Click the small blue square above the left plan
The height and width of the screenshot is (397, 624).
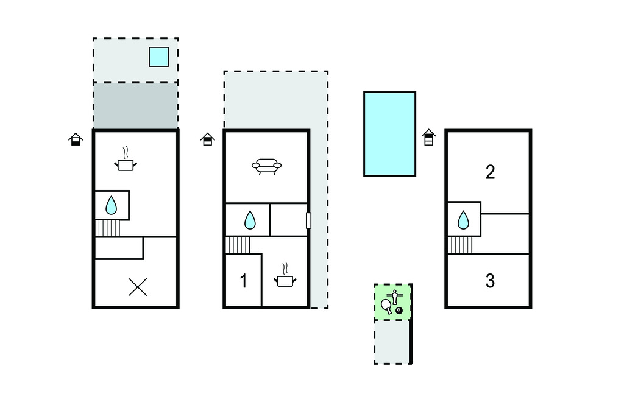(158, 57)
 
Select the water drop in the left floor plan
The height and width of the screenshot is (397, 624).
(111, 205)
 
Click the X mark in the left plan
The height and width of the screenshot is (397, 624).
(138, 287)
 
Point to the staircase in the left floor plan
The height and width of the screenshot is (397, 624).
(108, 228)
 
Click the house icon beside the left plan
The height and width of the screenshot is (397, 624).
(75, 139)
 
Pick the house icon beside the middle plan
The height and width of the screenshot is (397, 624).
(207, 139)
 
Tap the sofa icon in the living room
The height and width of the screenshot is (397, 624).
(266, 166)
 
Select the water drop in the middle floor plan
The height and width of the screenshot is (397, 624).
(250, 220)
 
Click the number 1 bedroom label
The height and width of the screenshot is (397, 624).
(243, 281)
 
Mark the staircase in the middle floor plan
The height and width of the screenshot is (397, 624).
(238, 245)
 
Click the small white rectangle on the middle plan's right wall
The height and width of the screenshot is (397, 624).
(308, 220)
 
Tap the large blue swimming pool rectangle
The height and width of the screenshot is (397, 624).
(389, 134)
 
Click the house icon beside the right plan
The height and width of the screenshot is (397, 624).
(428, 138)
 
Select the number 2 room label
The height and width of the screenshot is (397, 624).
(490, 172)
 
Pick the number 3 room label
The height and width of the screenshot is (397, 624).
(490, 281)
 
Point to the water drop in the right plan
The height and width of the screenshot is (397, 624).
(464, 220)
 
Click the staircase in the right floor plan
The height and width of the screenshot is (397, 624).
(460, 245)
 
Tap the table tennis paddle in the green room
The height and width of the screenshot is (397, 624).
(386, 306)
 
